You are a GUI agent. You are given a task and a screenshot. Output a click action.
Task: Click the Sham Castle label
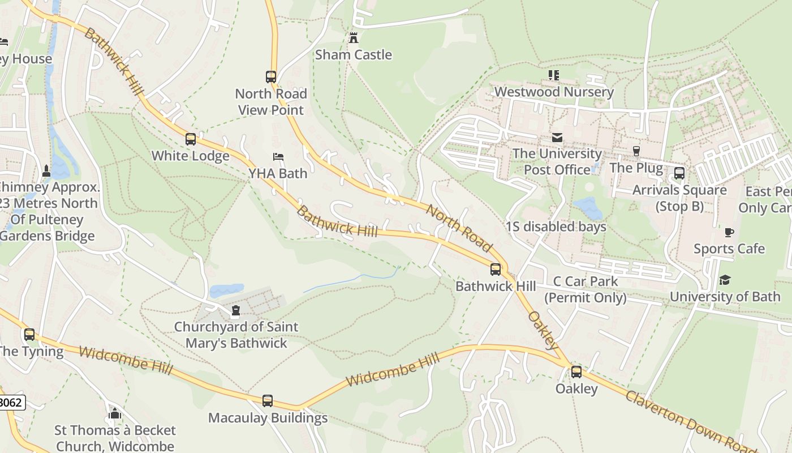[353, 55]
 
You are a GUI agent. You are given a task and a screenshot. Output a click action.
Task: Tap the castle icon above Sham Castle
[354, 38]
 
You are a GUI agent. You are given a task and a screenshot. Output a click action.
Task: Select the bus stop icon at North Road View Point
[271, 77]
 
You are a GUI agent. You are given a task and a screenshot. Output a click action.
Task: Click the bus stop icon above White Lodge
[191, 139]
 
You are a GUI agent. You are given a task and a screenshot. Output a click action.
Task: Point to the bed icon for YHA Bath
[278, 157]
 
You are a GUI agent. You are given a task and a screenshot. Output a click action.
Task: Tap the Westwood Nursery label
[553, 92]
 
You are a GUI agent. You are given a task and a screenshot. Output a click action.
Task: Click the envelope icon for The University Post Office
[557, 138]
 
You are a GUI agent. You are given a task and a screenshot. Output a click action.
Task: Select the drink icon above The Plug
[636, 151]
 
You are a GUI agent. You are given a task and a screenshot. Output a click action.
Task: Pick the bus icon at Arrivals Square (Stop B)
[679, 173]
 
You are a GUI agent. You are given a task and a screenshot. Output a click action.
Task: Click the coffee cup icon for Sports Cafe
[729, 232]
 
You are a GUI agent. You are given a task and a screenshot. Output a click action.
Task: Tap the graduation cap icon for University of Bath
[725, 280]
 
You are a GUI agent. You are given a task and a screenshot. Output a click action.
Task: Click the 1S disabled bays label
[556, 227]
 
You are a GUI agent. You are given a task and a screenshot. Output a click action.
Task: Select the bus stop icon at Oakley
[576, 372]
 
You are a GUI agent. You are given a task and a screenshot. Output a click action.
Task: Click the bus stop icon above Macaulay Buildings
[268, 401]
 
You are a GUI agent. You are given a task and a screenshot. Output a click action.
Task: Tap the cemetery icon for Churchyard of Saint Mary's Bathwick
[236, 310]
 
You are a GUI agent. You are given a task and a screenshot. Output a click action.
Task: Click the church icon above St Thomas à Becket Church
[115, 413]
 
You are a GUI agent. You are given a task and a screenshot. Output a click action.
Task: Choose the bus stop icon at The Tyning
[29, 335]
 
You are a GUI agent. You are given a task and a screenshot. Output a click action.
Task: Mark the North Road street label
[459, 228]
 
